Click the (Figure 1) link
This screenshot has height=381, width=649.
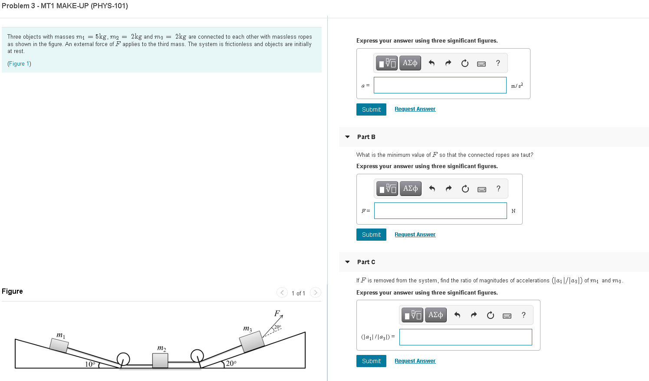(x=19, y=64)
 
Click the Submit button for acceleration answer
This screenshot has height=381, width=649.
(x=371, y=109)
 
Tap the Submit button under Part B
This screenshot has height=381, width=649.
(x=371, y=235)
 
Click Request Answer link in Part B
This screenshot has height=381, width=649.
(x=415, y=235)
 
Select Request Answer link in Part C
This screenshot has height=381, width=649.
(x=415, y=361)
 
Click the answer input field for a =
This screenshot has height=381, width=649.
(x=440, y=85)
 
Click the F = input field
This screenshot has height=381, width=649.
(x=440, y=211)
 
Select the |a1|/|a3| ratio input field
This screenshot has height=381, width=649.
(x=465, y=337)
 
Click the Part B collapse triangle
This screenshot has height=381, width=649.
(x=347, y=137)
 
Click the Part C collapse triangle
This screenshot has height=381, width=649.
(x=347, y=262)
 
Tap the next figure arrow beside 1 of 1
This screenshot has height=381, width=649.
(x=316, y=292)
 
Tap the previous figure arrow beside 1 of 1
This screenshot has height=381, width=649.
(x=282, y=292)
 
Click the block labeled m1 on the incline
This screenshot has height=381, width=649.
(x=59, y=345)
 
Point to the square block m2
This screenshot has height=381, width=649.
(x=160, y=360)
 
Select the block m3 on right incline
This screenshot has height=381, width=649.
(x=252, y=341)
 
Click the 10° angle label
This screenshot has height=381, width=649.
(x=90, y=364)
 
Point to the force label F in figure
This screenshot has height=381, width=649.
(x=277, y=313)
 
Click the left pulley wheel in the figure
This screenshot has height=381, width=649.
(x=123, y=359)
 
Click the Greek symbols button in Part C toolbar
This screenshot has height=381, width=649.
(x=435, y=315)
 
